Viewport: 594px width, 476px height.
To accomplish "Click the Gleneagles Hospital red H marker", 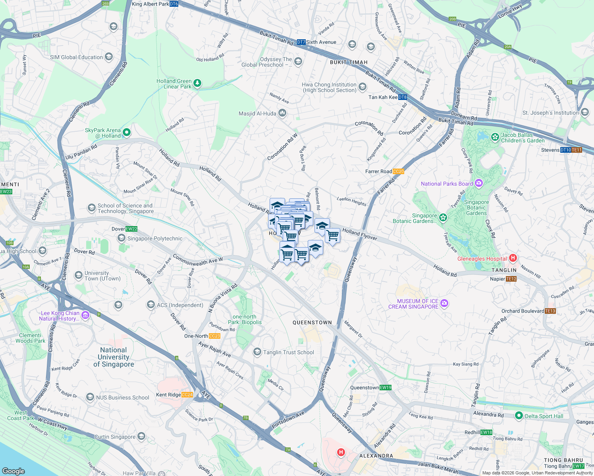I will (513, 258).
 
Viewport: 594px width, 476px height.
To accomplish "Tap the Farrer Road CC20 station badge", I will (398, 171).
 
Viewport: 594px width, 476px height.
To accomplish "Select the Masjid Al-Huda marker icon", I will (282, 113).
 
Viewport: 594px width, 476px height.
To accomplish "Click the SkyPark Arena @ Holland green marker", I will (127, 132).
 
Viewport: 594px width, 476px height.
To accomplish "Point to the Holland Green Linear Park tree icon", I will (197, 83).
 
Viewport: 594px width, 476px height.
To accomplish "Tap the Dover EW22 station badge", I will (131, 229).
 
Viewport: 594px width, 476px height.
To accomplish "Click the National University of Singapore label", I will (114, 357).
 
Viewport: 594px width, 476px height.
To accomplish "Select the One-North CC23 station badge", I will (214, 336).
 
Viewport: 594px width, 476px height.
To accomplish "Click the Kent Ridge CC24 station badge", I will (187, 395).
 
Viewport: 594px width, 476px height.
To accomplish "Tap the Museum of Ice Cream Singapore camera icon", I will (444, 303).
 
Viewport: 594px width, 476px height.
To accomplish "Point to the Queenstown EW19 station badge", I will (386, 388).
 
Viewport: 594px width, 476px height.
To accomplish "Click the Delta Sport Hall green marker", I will (519, 416).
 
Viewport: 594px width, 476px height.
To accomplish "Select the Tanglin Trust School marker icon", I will (257, 352).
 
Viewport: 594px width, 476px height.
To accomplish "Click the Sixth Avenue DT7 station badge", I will (301, 42).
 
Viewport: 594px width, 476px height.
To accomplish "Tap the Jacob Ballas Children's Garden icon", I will (495, 137).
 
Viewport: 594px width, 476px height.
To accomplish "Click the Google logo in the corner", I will (13, 471).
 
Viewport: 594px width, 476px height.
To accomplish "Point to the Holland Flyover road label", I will (360, 234).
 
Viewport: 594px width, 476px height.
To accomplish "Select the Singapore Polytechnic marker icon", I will (121, 238).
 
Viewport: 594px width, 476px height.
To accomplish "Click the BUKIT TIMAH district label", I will (349, 62).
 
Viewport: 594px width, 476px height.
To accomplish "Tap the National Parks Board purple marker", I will (479, 183).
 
